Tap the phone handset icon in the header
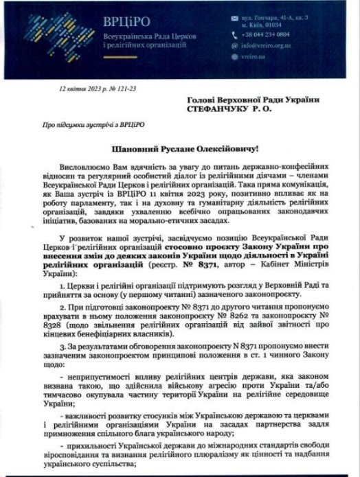(x=254, y=33)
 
